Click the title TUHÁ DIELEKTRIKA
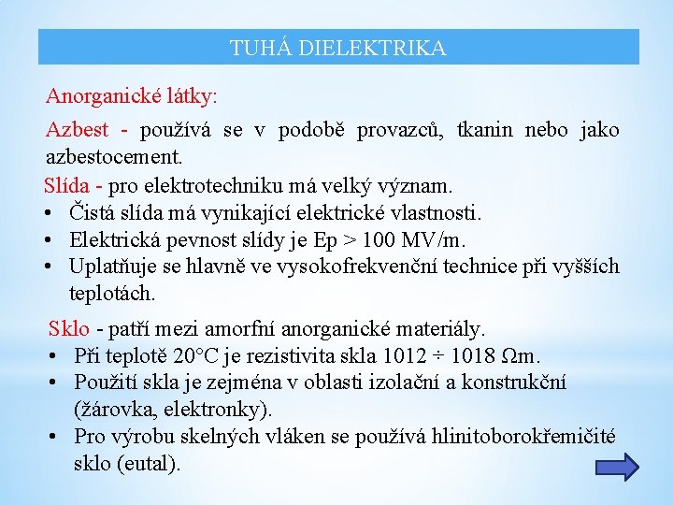(x=338, y=48)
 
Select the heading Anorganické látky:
(x=132, y=96)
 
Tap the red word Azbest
(x=78, y=130)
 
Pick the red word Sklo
(x=69, y=329)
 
